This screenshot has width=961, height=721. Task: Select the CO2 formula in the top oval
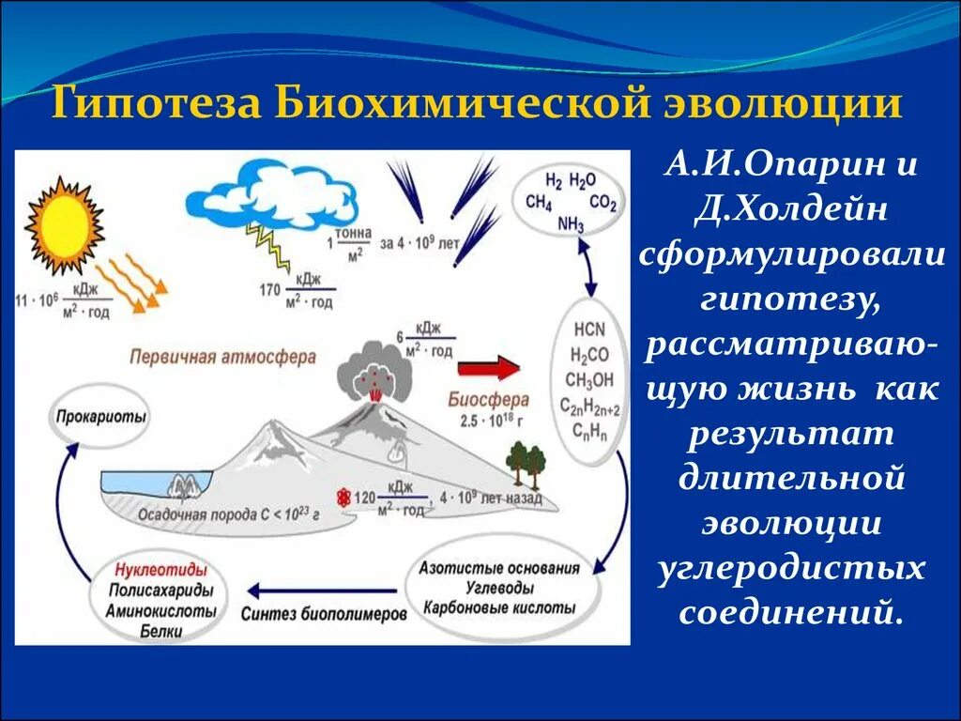603,201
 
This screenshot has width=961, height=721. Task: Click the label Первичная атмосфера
222,358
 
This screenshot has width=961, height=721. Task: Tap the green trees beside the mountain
526,463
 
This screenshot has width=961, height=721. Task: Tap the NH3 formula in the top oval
571,223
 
